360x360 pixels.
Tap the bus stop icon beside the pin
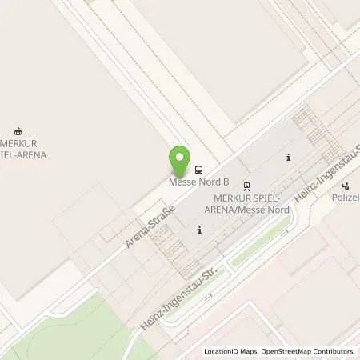click(198, 170)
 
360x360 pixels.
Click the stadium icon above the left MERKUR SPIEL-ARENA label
click(20, 131)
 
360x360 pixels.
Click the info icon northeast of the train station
click(288, 157)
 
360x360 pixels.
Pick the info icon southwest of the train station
click(199, 230)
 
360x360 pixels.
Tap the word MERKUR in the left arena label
click(18, 143)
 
